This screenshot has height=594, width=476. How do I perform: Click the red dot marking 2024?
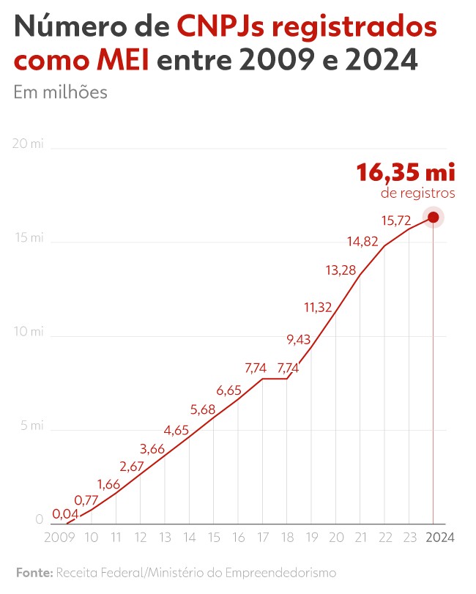[x=433, y=217]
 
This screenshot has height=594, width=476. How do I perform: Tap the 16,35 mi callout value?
[x=406, y=173]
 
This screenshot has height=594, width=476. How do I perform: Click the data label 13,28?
[x=341, y=270]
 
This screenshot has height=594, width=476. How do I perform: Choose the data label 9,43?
[x=298, y=339]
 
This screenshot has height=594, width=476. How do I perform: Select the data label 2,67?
[x=133, y=467]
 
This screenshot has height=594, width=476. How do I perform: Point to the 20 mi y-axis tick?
[x=29, y=144]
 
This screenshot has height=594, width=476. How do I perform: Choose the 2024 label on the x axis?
[x=439, y=538]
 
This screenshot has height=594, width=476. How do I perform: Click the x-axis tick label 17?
[x=262, y=538]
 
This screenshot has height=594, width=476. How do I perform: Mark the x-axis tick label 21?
[x=360, y=538]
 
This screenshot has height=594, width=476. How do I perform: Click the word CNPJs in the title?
[x=223, y=28]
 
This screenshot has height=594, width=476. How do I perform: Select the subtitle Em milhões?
[x=61, y=92]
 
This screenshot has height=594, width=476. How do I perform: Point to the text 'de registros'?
[x=418, y=193]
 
